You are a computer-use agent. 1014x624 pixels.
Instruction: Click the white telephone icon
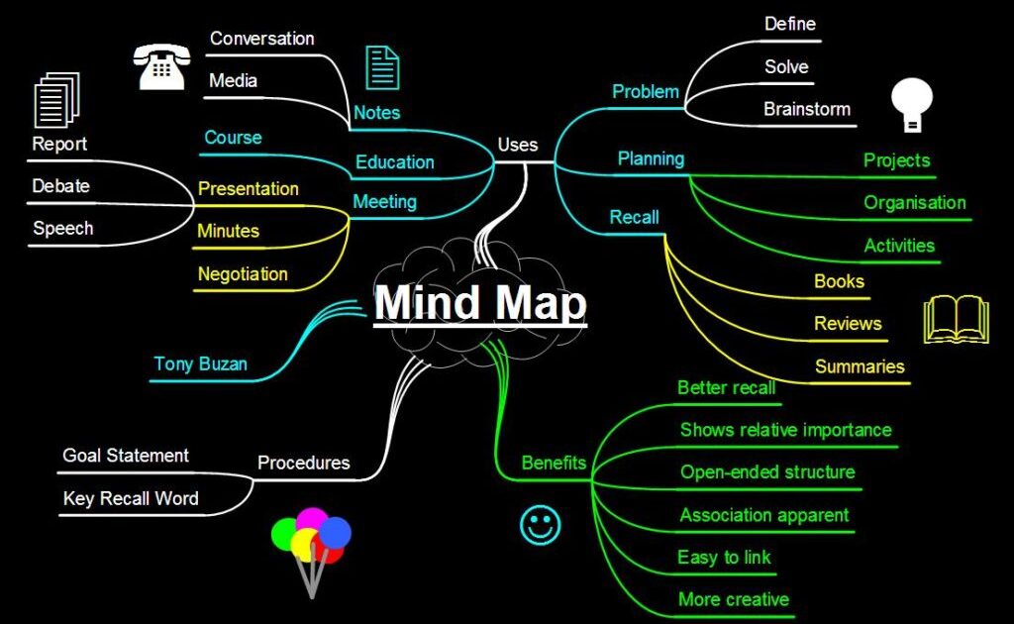[160, 66]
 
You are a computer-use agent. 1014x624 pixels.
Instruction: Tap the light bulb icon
[912, 104]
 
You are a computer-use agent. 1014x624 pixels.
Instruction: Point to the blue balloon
[335, 533]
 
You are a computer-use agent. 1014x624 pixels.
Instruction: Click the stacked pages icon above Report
[55, 102]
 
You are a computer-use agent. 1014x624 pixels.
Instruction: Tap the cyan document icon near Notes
[382, 67]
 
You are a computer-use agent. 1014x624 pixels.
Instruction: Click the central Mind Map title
[480, 303]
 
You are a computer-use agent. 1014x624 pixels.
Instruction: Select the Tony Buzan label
[200, 364]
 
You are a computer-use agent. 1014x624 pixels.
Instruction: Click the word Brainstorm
[806, 109]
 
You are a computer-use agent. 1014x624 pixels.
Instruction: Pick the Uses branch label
[518, 145]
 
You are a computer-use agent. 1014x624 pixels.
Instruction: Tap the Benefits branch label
[554, 463]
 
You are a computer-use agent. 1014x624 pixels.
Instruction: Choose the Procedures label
[303, 463]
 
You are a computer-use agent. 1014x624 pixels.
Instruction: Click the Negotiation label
[243, 274]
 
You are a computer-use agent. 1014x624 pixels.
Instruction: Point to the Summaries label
[860, 366]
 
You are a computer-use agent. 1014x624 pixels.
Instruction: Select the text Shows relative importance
[785, 430]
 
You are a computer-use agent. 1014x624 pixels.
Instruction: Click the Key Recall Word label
[131, 498]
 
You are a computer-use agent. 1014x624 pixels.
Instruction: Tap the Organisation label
[914, 203]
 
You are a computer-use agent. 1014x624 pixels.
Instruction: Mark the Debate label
[60, 186]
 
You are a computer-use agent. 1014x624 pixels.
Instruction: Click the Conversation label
[261, 39]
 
